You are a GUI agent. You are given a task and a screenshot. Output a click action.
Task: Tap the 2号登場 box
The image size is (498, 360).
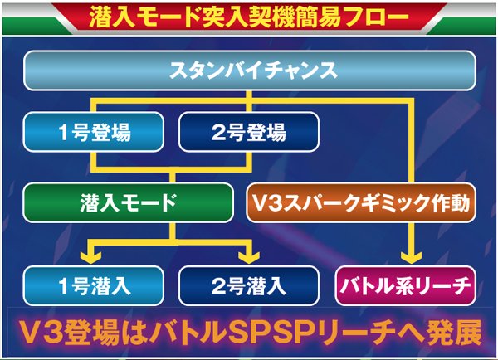pyautogui.click(x=249, y=132)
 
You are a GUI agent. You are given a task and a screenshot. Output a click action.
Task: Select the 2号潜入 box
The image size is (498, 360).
pyautogui.click(x=249, y=287)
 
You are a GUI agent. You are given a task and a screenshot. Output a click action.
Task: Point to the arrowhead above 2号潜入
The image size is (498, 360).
pyautogui.click(x=250, y=254)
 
